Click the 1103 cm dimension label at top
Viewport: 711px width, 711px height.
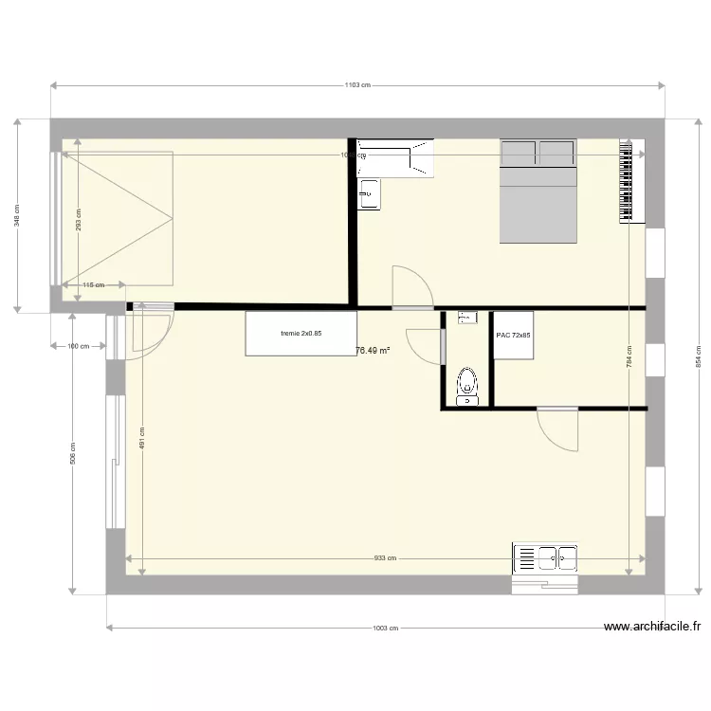pos(356,85)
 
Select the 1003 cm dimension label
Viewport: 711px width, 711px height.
pos(385,628)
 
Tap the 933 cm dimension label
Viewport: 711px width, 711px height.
pos(385,559)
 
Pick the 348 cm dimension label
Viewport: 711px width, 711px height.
pos(16,217)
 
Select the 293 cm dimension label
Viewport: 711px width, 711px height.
pos(78,219)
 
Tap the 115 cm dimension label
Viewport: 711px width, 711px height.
pos(92,284)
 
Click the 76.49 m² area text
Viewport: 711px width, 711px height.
pos(373,350)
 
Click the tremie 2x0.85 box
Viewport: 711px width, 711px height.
pos(301,334)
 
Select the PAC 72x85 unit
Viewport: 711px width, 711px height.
pos(513,336)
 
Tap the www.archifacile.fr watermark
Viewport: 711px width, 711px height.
pos(652,627)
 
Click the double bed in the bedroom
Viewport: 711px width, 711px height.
pos(538,191)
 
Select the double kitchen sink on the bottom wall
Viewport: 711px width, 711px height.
pos(545,558)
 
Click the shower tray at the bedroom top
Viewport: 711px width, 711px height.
pos(396,158)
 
